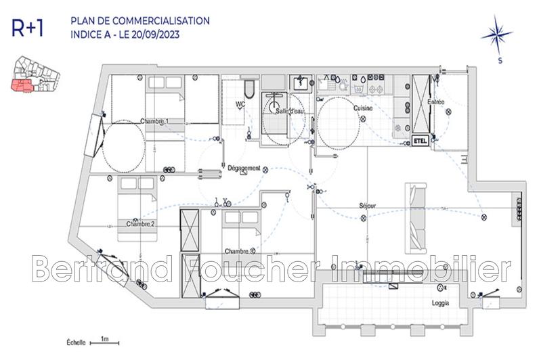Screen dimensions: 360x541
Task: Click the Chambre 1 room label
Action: [154, 121]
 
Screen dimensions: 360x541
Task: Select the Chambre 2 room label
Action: [139, 223]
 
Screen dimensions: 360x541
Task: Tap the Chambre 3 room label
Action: [240, 250]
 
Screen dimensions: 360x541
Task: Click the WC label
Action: [240, 104]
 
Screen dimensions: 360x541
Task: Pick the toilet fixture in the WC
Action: [249, 90]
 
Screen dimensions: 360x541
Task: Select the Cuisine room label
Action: [363, 108]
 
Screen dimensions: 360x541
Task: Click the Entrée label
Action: [436, 102]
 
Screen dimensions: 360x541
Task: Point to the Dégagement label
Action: [244, 168]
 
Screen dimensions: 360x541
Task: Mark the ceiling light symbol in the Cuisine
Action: [362, 119]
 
